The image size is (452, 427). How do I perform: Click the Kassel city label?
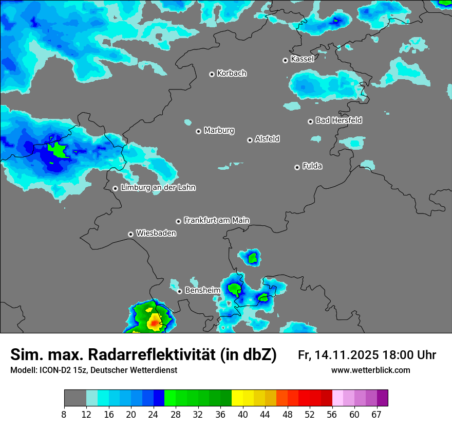click(x=302, y=59)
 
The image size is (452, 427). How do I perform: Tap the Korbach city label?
click(x=232, y=74)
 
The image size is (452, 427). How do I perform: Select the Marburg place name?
click(x=219, y=131)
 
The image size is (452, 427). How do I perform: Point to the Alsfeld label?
click(x=267, y=139)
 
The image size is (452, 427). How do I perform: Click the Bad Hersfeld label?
click(x=338, y=120)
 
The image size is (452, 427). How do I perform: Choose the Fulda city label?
click(x=312, y=166)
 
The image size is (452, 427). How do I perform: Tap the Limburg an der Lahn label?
click(x=158, y=188)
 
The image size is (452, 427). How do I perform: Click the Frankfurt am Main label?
click(x=216, y=220)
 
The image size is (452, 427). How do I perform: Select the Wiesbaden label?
click(x=156, y=234)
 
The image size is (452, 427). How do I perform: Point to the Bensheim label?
click(x=202, y=290)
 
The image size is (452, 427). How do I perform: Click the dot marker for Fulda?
click(x=297, y=167)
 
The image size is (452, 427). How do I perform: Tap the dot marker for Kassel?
click(x=285, y=60)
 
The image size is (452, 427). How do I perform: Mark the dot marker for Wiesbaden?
click(x=130, y=234)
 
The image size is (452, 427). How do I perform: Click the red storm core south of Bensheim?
click(x=154, y=324)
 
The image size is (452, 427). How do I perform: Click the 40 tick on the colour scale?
click(x=243, y=414)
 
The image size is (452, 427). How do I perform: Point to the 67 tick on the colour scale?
click(x=376, y=414)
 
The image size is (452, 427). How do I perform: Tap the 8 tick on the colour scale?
click(x=64, y=414)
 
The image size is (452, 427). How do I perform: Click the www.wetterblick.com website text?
click(x=370, y=370)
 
